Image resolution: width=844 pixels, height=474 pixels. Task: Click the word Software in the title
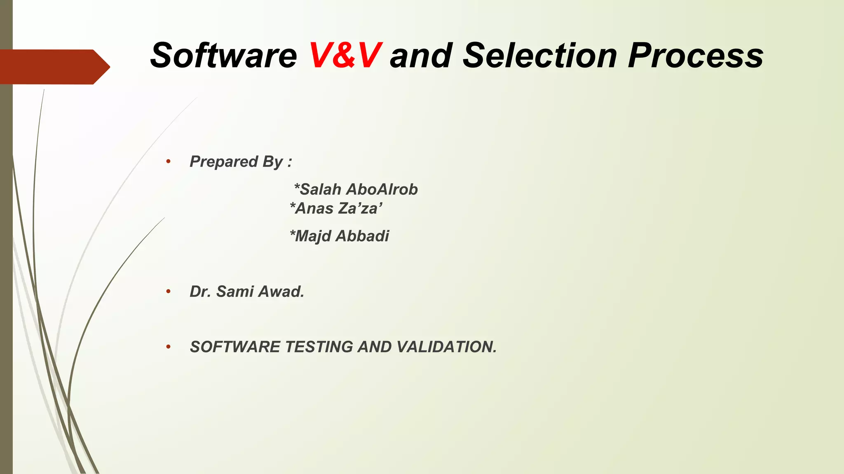(x=223, y=56)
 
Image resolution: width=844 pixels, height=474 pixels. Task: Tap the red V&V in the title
(x=345, y=56)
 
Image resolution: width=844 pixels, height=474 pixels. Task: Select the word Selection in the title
(x=540, y=56)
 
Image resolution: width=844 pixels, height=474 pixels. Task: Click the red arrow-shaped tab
(x=54, y=67)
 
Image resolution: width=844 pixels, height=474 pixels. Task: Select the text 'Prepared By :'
(x=241, y=162)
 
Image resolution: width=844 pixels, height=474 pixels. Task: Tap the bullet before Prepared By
(x=168, y=161)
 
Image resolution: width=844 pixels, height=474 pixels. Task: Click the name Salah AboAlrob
(x=356, y=189)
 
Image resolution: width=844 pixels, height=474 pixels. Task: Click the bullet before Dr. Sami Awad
(x=168, y=291)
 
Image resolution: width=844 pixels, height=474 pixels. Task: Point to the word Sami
(x=235, y=291)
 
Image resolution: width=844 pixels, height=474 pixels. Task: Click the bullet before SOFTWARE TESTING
(x=168, y=347)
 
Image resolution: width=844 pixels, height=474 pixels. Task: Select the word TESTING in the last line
(x=319, y=347)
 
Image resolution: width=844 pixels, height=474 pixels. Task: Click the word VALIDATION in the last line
(x=447, y=347)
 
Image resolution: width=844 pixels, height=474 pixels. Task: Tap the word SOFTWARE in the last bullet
(x=234, y=347)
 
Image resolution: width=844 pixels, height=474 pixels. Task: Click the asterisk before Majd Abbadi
(x=293, y=233)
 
